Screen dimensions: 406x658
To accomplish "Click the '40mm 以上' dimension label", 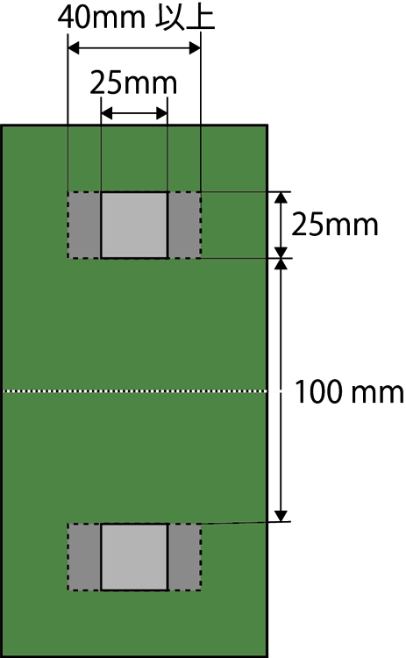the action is pyautogui.click(x=136, y=18).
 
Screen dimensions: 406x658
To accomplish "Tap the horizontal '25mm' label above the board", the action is pyautogui.click(x=133, y=82).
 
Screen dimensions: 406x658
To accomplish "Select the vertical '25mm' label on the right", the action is pyautogui.click(x=335, y=225).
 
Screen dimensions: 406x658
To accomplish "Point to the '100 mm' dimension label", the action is pyautogui.click(x=349, y=392).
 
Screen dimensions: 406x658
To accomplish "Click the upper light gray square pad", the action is pyautogui.click(x=134, y=225).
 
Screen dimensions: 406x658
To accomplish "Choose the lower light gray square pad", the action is pyautogui.click(x=134, y=557).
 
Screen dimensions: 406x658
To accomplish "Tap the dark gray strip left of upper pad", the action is pyautogui.click(x=84, y=225).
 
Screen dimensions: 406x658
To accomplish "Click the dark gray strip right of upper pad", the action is pyautogui.click(x=184, y=225).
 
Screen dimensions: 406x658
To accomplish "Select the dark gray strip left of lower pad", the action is pyautogui.click(x=84, y=557).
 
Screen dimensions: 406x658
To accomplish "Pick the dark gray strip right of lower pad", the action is pyautogui.click(x=184, y=557).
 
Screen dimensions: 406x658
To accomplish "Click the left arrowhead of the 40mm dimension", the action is pyautogui.click(x=74, y=48).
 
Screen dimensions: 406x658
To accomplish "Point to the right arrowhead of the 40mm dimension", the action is pyautogui.click(x=195, y=48).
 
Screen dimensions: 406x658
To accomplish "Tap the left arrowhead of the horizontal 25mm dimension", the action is pyautogui.click(x=107, y=113).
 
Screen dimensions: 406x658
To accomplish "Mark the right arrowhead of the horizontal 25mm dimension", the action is pyautogui.click(x=162, y=113).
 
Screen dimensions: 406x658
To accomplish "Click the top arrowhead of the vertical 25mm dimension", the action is pyautogui.click(x=281, y=197).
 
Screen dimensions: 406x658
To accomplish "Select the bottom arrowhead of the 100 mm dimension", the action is pyautogui.click(x=281, y=516).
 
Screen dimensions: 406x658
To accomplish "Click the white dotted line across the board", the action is pyautogui.click(x=135, y=391).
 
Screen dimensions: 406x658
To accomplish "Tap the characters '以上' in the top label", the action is pyautogui.click(x=186, y=18).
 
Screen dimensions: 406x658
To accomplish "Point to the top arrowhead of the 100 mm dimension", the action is pyautogui.click(x=281, y=264).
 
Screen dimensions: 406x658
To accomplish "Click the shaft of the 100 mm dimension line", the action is pyautogui.click(x=281, y=390).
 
